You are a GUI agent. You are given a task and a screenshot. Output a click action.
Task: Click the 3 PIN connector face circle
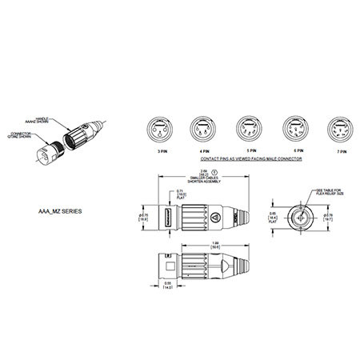154,130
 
